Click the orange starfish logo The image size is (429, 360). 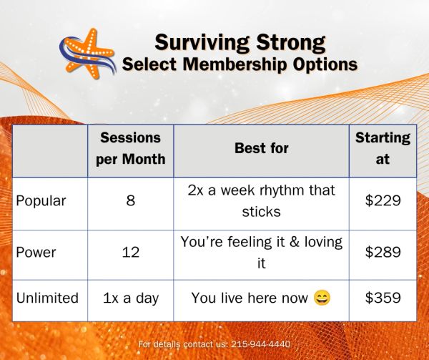(x=87, y=54)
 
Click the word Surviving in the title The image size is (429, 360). (x=202, y=43)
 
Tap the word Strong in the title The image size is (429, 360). (x=291, y=43)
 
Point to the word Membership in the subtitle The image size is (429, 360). (x=235, y=64)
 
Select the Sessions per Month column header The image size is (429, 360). (x=131, y=148)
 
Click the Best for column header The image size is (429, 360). (x=262, y=148)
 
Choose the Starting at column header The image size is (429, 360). (x=383, y=148)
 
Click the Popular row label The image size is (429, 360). (x=41, y=201)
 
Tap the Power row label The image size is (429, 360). (x=36, y=252)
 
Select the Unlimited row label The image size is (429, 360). (x=47, y=298)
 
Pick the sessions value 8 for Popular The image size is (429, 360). (x=131, y=200)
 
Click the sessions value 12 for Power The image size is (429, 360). (x=131, y=252)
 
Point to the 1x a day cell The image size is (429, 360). (x=131, y=298)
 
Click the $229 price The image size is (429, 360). (x=383, y=200)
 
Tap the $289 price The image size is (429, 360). (x=383, y=252)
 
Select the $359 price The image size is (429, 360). (x=383, y=298)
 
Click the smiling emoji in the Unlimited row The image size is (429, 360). (x=322, y=298)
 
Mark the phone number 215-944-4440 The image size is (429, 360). (x=261, y=344)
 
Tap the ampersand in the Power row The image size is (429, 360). (x=295, y=243)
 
